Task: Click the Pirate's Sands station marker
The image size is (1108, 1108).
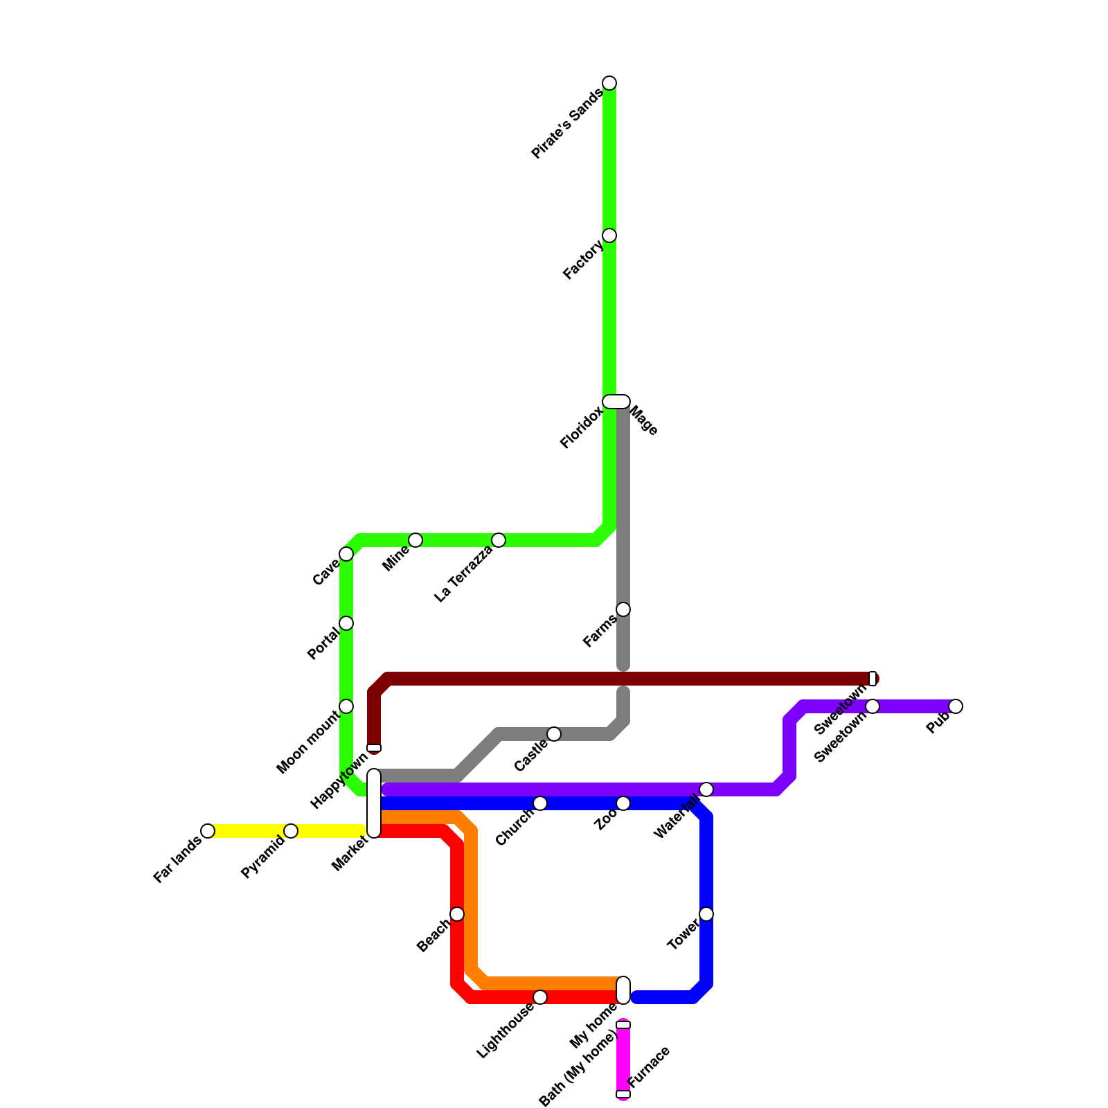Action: (609, 83)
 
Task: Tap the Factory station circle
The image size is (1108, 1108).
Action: (609, 235)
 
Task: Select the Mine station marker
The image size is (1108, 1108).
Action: (415, 540)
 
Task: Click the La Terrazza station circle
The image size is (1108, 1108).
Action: (499, 540)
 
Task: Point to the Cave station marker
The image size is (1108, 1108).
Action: (346, 554)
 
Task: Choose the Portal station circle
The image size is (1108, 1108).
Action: (346, 623)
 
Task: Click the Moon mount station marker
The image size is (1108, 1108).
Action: (346, 706)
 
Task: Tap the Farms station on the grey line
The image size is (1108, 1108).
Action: (623, 609)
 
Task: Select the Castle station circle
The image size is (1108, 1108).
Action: (554, 734)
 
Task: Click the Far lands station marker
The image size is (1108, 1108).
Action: (208, 831)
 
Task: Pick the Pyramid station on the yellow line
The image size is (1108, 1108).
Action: (291, 831)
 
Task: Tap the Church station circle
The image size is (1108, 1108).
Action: (540, 803)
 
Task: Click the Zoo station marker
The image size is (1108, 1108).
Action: (623, 803)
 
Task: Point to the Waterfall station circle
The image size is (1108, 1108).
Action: (706, 789)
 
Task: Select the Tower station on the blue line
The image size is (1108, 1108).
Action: (706, 914)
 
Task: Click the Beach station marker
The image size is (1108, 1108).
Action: (457, 914)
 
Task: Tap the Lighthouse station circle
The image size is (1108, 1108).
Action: (540, 997)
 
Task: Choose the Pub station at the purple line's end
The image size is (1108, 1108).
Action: (956, 706)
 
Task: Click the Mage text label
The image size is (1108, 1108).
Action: (644, 420)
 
